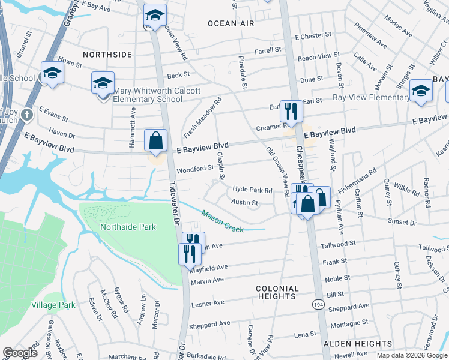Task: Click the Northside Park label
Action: [x=128, y=227]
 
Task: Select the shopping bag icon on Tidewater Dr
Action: [x=155, y=142]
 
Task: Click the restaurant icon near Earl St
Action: [x=291, y=111]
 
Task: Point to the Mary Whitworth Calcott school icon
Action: [x=103, y=84]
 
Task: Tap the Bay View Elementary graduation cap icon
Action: [x=421, y=90]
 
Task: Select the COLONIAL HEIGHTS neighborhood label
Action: [x=277, y=292]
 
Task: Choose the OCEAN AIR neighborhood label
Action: [x=231, y=23]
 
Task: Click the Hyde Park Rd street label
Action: [x=253, y=190]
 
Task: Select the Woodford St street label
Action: [x=195, y=168]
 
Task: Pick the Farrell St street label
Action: [x=268, y=51]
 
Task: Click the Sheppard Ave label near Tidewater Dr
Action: [x=209, y=323]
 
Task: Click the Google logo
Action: [x=20, y=353]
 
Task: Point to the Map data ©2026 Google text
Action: [x=412, y=355]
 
